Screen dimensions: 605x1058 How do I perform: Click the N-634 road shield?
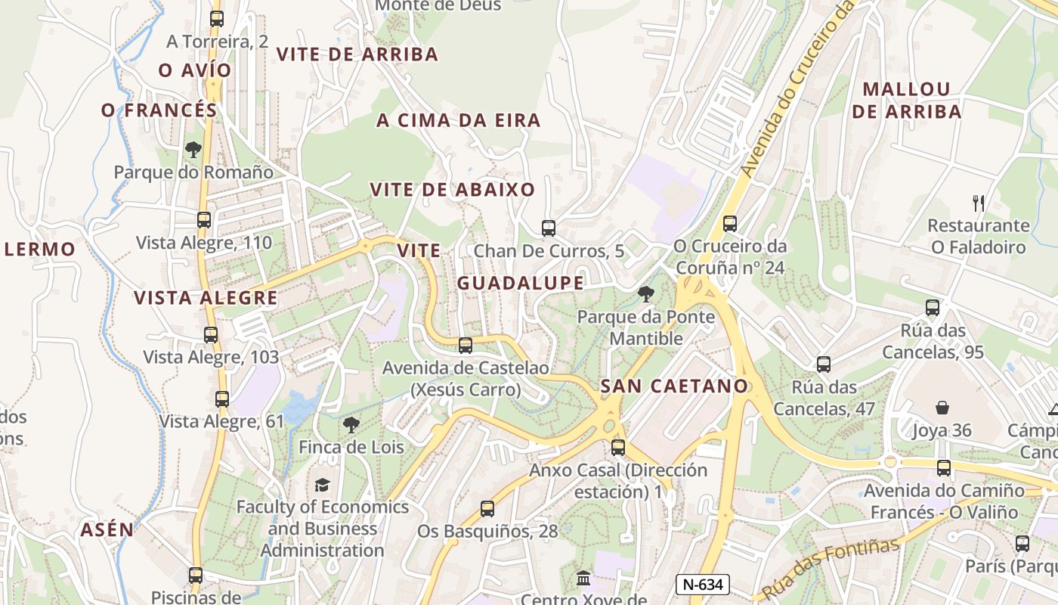tap(702, 584)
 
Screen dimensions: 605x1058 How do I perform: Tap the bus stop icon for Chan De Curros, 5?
tap(549, 228)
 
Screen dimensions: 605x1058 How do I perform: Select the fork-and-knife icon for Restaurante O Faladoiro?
tap(979, 203)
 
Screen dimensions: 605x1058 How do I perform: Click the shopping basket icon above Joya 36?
tap(942, 408)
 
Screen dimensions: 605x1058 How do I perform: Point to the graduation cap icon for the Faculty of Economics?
tap(323, 485)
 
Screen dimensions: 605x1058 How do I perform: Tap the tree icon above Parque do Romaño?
tap(193, 150)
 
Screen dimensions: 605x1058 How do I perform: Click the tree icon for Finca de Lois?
tap(351, 425)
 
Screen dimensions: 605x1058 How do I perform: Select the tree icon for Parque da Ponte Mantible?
tap(645, 294)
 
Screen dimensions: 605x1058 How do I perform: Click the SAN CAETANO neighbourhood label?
tap(674, 386)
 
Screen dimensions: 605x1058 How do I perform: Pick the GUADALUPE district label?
tap(520, 284)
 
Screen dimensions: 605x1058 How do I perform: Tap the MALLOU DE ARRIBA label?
tap(906, 100)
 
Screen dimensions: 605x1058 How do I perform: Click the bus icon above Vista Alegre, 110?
tap(203, 220)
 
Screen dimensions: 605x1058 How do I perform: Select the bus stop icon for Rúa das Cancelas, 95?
tap(933, 308)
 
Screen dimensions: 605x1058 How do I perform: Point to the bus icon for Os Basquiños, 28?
tap(487, 509)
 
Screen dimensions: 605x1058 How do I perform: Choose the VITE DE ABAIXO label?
tap(453, 190)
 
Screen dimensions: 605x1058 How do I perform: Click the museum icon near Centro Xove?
tap(583, 579)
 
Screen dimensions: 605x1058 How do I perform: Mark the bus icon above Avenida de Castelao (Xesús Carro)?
tap(466, 346)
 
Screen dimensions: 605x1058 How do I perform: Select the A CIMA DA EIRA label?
tap(458, 120)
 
